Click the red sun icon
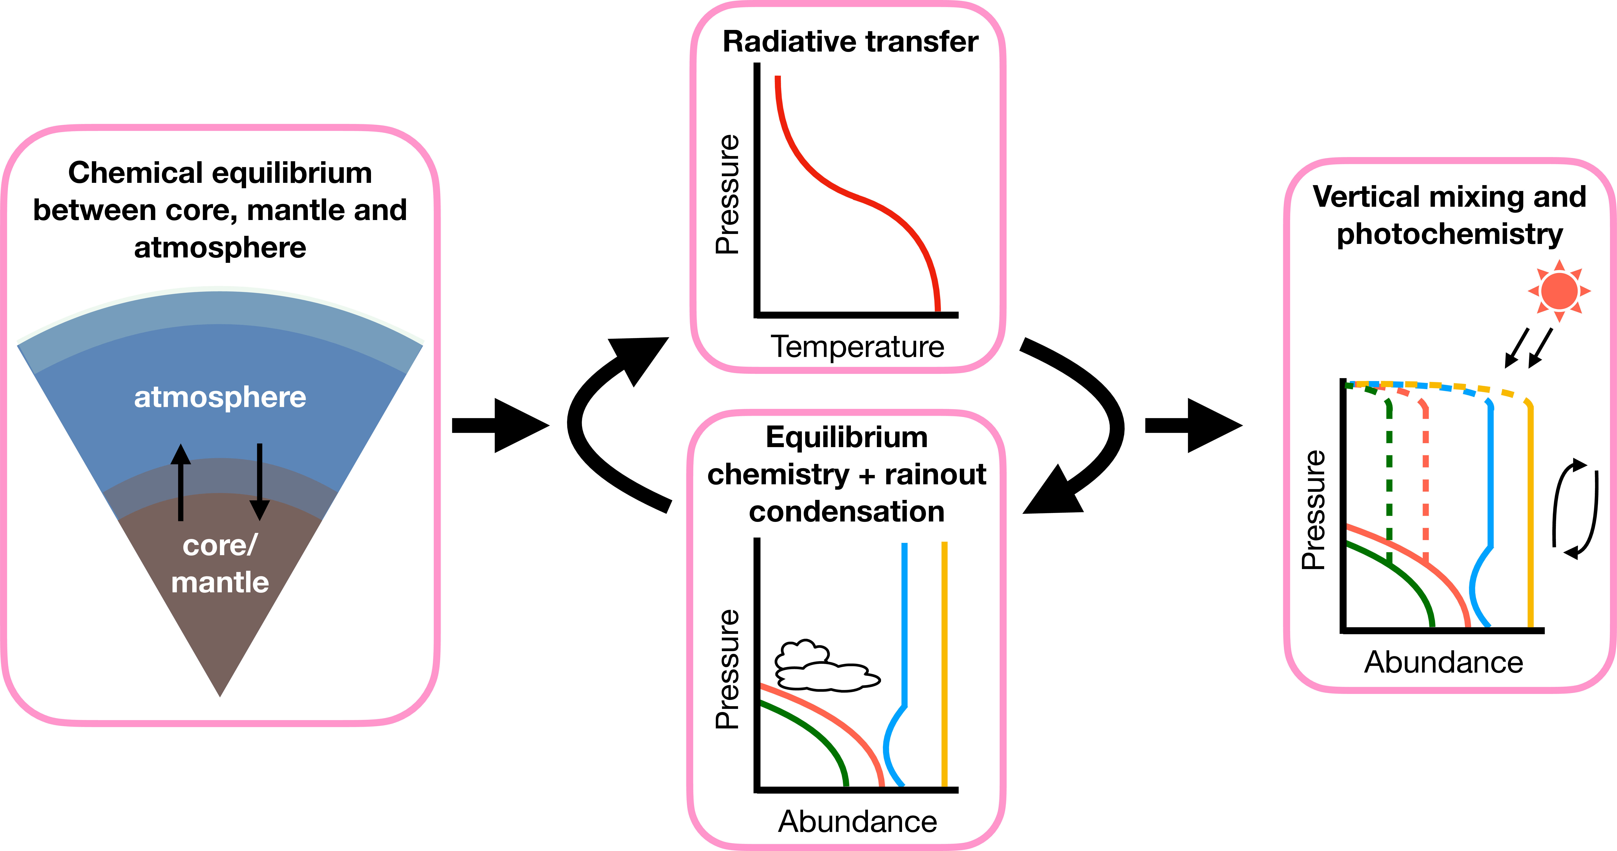[1559, 291]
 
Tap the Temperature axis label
[858, 346]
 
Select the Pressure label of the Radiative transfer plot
[728, 194]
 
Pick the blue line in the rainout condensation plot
[904, 628]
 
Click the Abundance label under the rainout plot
[858, 821]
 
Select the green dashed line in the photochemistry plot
[1389, 477]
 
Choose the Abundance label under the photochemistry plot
[1444, 662]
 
